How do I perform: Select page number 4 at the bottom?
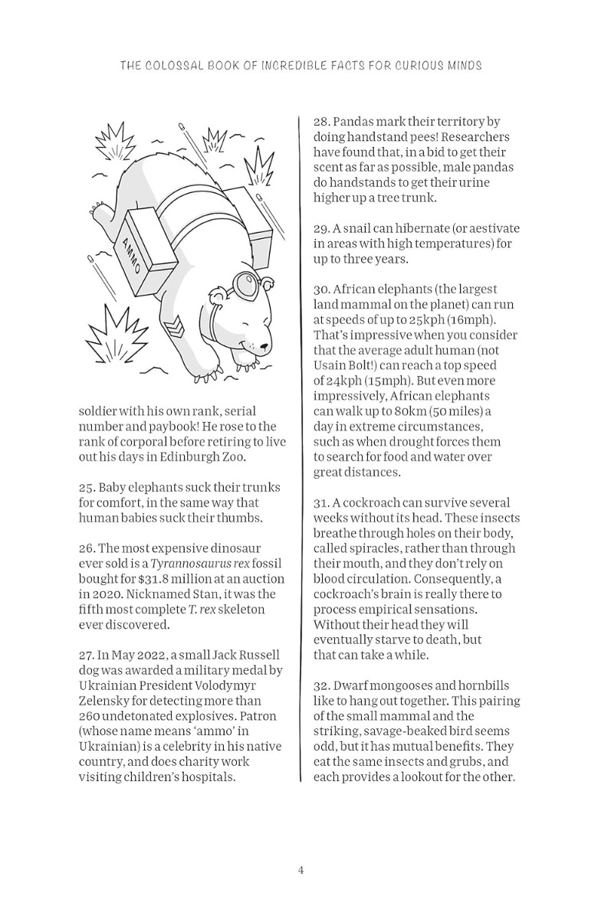click(x=300, y=870)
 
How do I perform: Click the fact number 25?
click(x=87, y=488)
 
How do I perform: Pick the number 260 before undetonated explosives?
click(x=90, y=716)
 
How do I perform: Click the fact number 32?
click(x=321, y=685)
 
